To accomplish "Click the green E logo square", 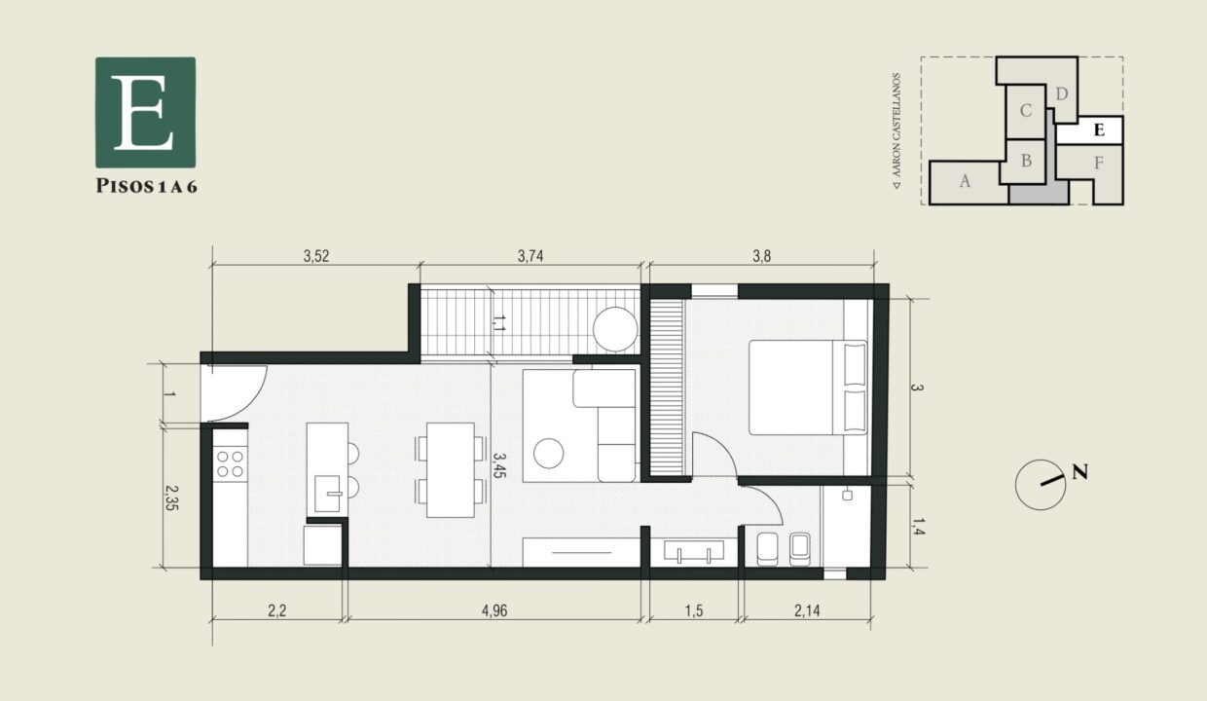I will pos(145,111).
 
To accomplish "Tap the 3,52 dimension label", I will pos(316,257).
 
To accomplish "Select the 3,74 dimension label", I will pos(530,257).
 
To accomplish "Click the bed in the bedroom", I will pos(806,387).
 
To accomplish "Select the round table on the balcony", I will pos(615,328).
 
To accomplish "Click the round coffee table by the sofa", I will pos(549,453).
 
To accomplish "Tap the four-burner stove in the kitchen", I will pos(230,462).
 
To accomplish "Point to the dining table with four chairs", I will pos(450,469).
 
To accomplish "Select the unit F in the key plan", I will pos(1098,163).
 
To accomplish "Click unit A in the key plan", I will pos(965,182).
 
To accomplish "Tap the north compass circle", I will pos(1040,484).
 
